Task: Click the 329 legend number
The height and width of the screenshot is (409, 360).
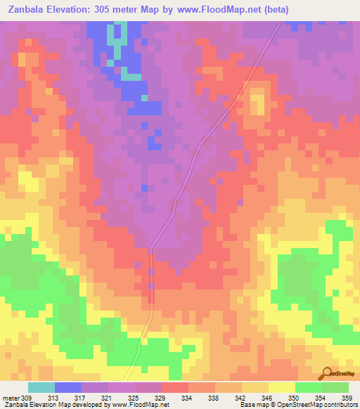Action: (161, 398)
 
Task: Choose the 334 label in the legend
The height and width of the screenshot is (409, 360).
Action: (188, 398)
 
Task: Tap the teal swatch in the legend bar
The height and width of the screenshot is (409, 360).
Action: (41, 387)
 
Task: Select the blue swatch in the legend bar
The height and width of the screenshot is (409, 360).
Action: (67, 387)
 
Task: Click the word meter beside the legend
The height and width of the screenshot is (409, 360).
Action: (11, 398)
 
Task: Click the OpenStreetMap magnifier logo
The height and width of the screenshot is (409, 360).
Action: (326, 373)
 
